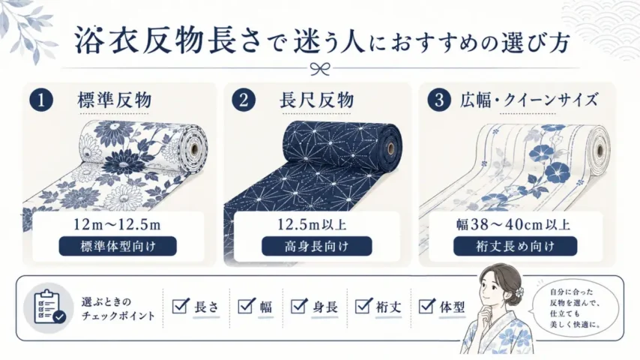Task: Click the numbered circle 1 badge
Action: (x=41, y=100)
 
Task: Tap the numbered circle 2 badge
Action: (x=244, y=100)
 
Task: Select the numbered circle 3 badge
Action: (x=439, y=100)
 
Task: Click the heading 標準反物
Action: (x=115, y=100)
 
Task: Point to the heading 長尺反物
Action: (x=317, y=100)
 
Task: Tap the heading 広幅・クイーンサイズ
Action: (x=529, y=100)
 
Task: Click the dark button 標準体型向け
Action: (x=118, y=247)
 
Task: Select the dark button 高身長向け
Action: (x=317, y=247)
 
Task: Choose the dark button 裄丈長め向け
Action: (x=515, y=247)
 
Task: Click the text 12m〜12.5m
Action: (x=117, y=224)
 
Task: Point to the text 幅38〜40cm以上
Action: (x=513, y=224)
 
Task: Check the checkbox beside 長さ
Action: (x=181, y=306)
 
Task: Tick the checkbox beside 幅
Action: (x=246, y=306)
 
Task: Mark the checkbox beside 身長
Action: (x=299, y=306)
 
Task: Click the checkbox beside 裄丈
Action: (x=363, y=306)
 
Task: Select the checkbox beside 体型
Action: (x=427, y=306)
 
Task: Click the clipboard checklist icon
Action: (x=49, y=307)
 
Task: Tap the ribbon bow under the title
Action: (x=320, y=69)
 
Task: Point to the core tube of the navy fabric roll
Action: (x=391, y=148)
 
